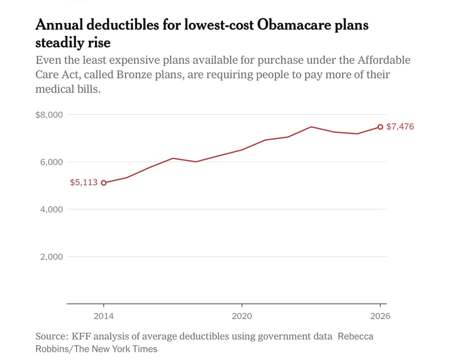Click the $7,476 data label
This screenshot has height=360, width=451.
click(x=400, y=126)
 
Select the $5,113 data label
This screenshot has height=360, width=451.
click(x=84, y=182)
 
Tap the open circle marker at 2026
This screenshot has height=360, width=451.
click(x=381, y=127)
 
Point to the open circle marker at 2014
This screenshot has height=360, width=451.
click(x=104, y=183)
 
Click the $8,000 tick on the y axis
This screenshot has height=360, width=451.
click(x=49, y=115)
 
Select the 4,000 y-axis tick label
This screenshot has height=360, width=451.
click(x=52, y=209)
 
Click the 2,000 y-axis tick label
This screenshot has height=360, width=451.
click(x=52, y=257)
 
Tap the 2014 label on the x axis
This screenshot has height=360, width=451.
click(x=104, y=316)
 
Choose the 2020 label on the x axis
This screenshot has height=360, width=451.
click(x=242, y=316)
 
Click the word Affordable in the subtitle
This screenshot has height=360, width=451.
click(x=384, y=60)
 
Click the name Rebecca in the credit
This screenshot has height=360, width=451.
click(x=356, y=337)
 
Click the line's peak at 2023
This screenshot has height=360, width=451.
click(x=311, y=126)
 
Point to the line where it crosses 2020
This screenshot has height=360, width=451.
click(x=242, y=150)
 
